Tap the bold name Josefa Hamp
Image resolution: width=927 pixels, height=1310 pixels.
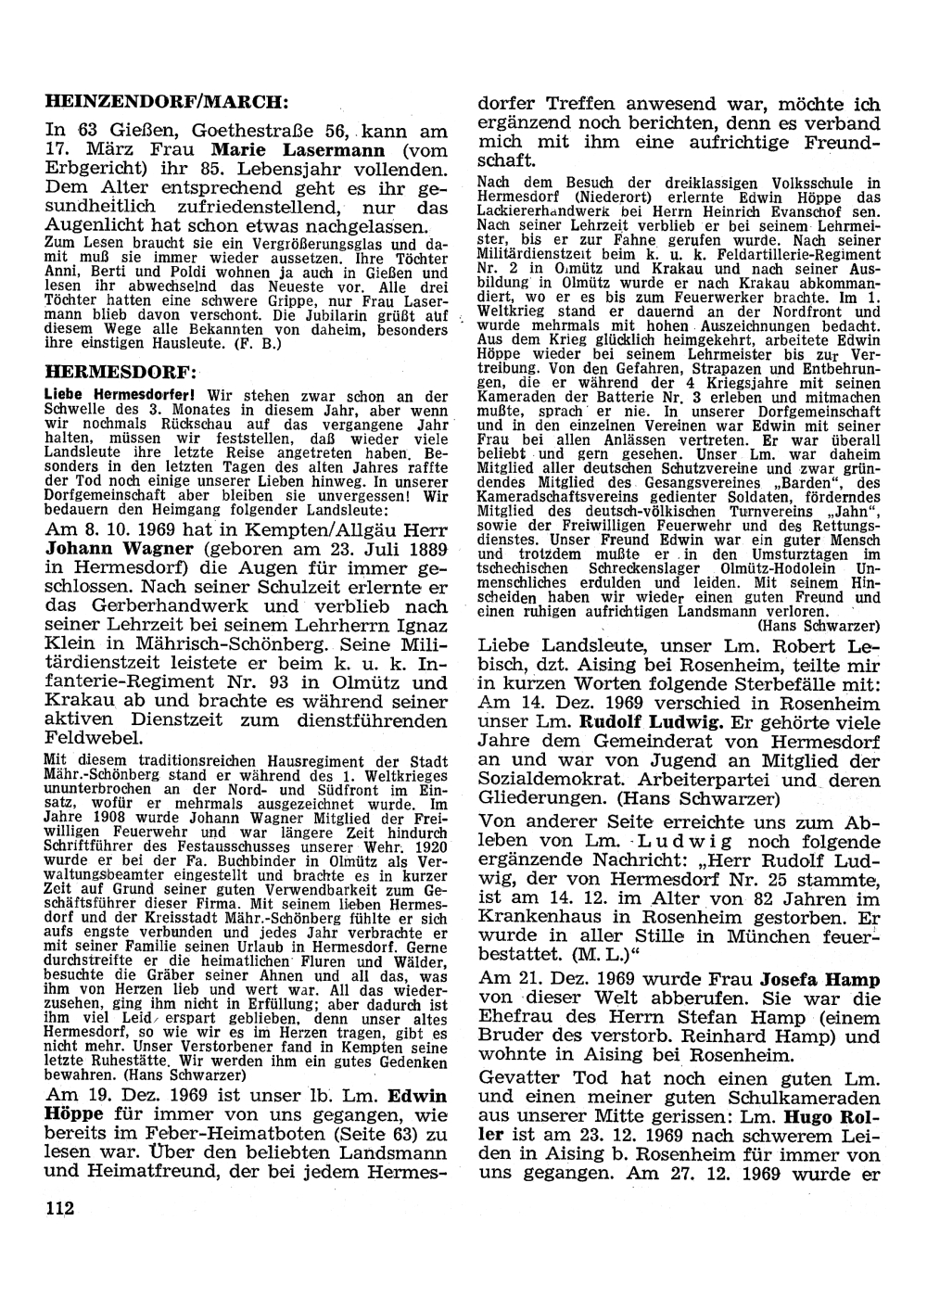[x=820, y=978]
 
